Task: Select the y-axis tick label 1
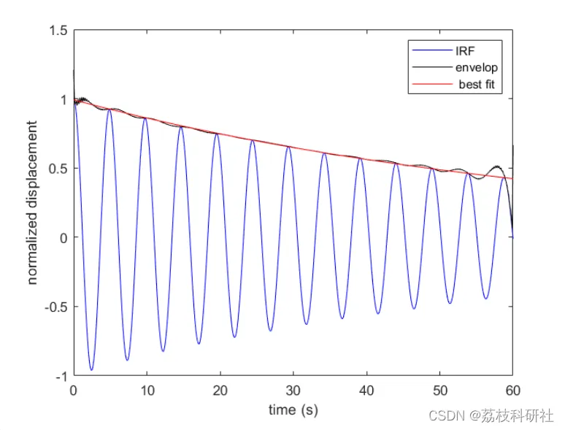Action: (x=63, y=99)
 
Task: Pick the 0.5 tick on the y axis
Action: (x=58, y=169)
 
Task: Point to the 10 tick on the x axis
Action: (x=146, y=391)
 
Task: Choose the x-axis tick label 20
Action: (x=220, y=391)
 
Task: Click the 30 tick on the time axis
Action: (x=293, y=391)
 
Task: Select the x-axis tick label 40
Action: (x=366, y=391)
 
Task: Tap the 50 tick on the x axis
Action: (x=439, y=391)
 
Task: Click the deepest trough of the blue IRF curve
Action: (x=91, y=370)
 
